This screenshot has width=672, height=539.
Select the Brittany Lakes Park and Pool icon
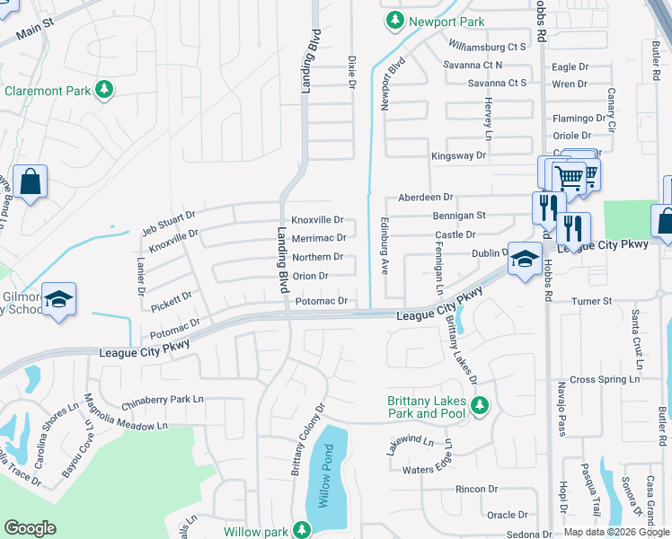pos(480,406)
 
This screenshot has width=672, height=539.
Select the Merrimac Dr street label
pos(318,238)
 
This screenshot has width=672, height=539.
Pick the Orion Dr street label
pos(310,276)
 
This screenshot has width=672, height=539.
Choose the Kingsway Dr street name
pos(458,155)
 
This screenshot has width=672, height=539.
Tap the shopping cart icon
pos(568,177)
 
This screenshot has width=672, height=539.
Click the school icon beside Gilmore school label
pos(58,299)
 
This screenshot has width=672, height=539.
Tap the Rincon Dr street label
pos(477,490)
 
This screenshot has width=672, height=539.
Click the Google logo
pos(30,528)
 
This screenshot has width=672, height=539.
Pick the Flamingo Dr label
pos(579,118)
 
